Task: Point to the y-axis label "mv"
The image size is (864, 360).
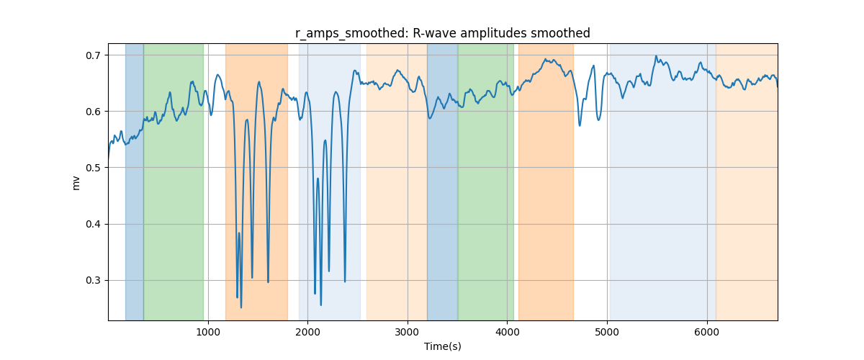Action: pyautogui.click(x=76, y=184)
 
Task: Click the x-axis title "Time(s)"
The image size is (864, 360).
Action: pyautogui.click(x=442, y=346)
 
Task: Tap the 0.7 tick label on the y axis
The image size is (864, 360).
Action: pyautogui.click(x=92, y=55)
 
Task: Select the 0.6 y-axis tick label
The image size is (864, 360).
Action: pyautogui.click(x=92, y=112)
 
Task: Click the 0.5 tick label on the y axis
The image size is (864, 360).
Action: pyautogui.click(x=92, y=168)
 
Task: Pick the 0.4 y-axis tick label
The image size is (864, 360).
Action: pyautogui.click(x=92, y=224)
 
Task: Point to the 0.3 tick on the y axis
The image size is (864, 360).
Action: pyautogui.click(x=92, y=281)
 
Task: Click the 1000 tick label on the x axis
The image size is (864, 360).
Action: pyautogui.click(x=208, y=332)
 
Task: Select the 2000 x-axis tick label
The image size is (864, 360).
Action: pyautogui.click(x=308, y=332)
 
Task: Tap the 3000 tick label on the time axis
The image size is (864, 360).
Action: pyautogui.click(x=408, y=332)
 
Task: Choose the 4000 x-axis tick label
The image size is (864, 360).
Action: pyautogui.click(x=507, y=332)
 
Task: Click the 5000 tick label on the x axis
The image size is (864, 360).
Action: pyautogui.click(x=607, y=332)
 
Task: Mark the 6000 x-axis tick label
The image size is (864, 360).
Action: pyautogui.click(x=707, y=332)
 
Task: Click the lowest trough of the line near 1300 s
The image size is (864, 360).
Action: pyautogui.click(x=241, y=307)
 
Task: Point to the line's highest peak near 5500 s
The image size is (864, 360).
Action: pyautogui.click(x=656, y=56)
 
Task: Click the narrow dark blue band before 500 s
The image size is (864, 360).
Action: pyautogui.click(x=135, y=181)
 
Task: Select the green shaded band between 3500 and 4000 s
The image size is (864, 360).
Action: pyautogui.click(x=486, y=181)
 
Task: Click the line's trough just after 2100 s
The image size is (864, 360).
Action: pyautogui.click(x=321, y=305)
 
